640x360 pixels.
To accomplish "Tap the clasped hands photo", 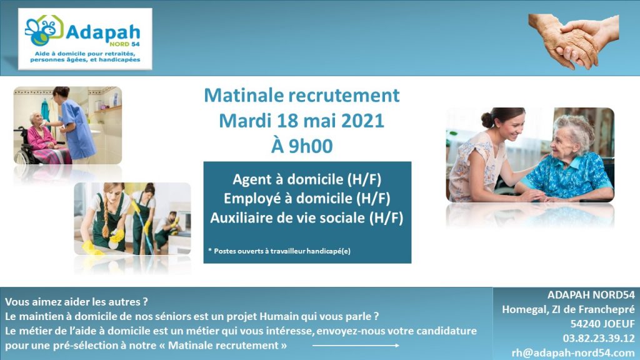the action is click(574, 41).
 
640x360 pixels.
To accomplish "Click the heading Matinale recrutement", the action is click(302, 95).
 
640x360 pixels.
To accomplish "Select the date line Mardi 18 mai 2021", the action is click(302, 121).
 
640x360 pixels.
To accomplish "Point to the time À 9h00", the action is click(302, 146).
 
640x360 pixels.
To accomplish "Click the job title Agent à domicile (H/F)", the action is click(307, 179).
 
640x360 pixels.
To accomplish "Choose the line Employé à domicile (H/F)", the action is click(307, 198).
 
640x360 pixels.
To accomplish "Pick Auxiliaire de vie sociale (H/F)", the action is click(307, 217).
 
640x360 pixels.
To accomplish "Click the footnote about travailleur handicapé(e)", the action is click(279, 251).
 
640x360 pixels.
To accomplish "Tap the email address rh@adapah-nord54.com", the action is click(573, 352).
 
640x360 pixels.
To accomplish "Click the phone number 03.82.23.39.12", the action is click(599, 338).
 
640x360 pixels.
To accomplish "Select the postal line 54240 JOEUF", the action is click(602, 324).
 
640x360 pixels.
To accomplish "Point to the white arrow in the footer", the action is click(356, 346).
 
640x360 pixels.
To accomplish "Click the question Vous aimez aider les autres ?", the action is click(76, 302).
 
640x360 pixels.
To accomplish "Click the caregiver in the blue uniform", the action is click(76, 123).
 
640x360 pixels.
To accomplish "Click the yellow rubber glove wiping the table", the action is click(92, 247).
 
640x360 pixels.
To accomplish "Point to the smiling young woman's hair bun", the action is click(487, 119).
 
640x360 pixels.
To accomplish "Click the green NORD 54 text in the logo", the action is click(124, 44).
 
